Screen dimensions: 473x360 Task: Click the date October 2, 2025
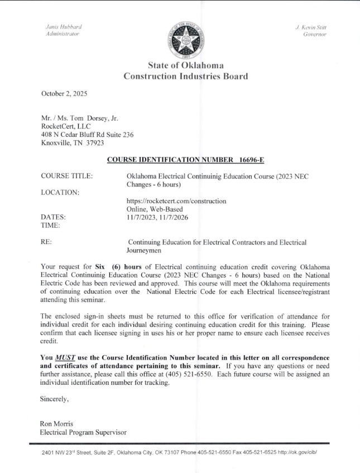click(64, 94)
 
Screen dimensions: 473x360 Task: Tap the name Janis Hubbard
click(63, 26)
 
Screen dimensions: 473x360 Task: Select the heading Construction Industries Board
click(185, 77)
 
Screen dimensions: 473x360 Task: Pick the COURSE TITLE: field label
click(66, 176)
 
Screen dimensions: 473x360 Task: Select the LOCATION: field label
click(60, 193)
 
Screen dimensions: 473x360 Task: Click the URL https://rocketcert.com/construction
click(176, 201)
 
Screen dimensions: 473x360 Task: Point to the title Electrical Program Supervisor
click(83, 432)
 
